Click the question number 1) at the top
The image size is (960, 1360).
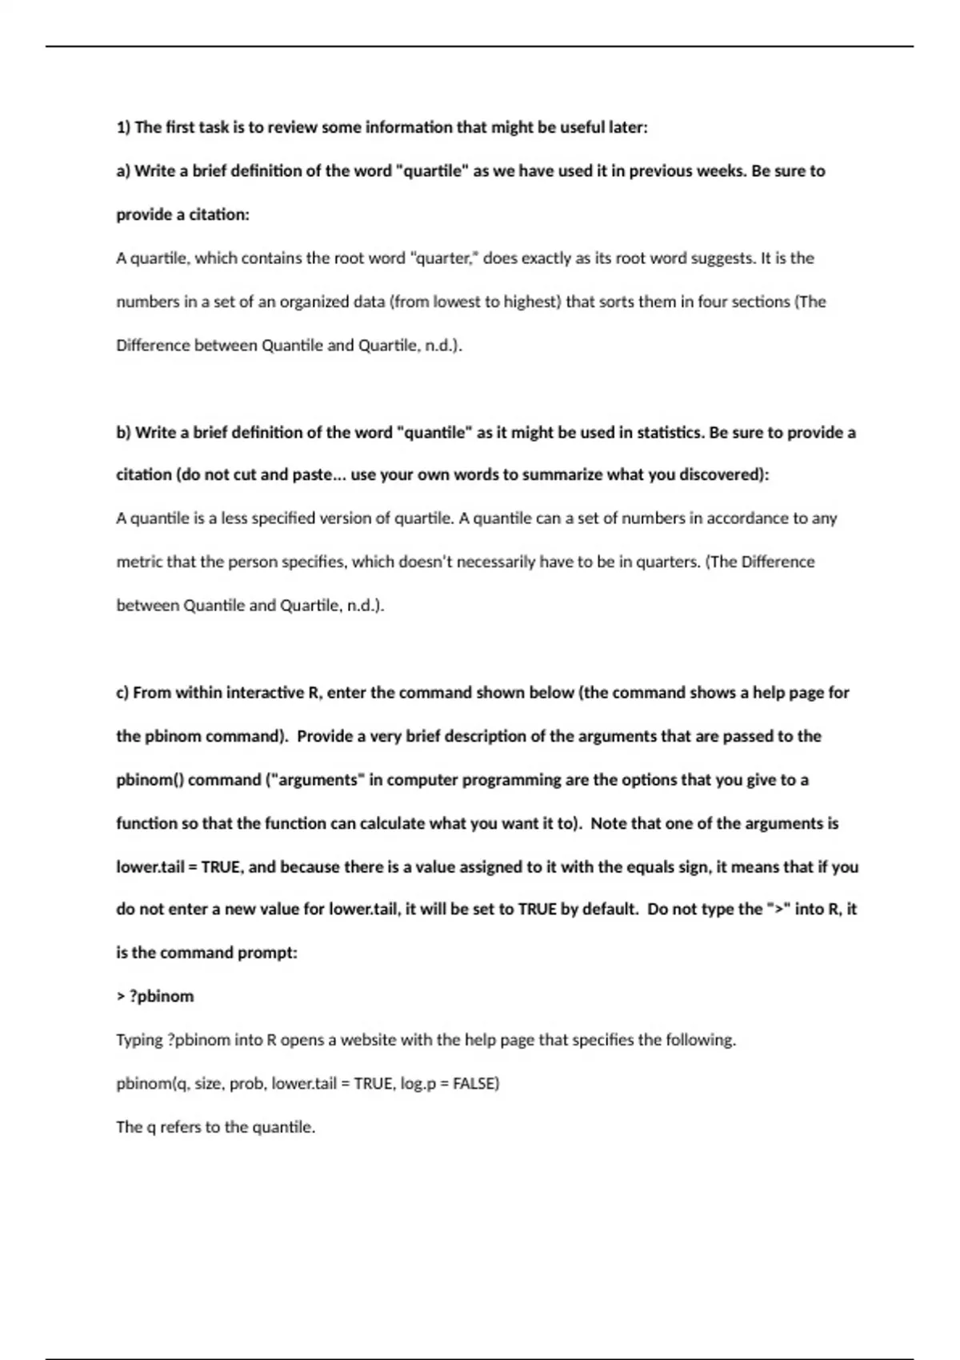123,127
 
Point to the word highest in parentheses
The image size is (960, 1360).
533,302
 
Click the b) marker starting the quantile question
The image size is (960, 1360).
123,433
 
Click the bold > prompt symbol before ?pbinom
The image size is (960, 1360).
120,997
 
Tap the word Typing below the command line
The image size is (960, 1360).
139,1041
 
